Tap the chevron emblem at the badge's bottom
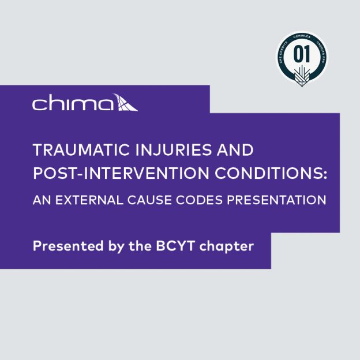click(302, 74)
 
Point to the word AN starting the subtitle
click(42, 200)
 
